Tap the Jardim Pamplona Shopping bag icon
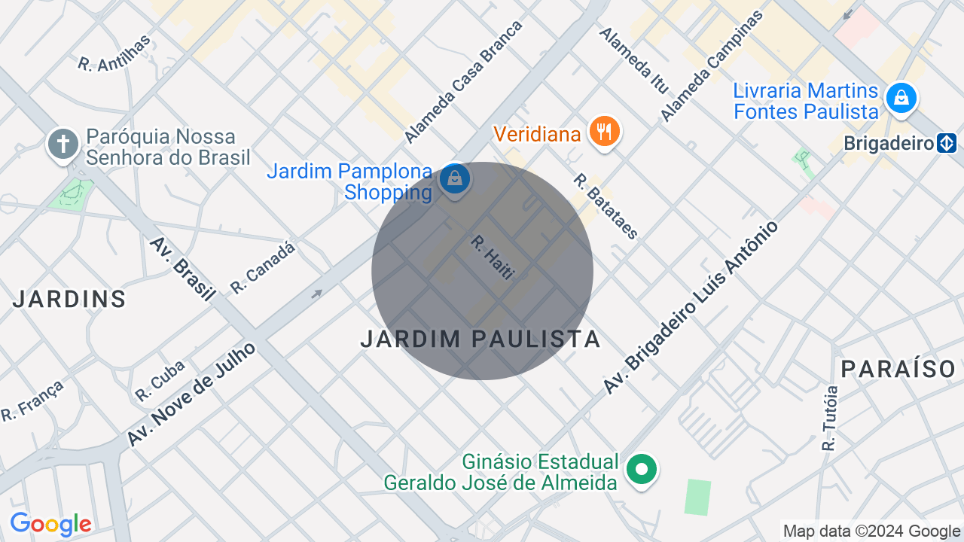455,179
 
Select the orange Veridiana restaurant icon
604,132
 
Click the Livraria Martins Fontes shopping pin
901,98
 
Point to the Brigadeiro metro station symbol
947,143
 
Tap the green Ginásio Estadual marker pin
641,470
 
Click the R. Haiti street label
493,257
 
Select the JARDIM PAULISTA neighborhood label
480,340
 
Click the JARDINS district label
69,300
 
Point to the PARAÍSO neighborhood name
898,369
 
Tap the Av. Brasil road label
182,269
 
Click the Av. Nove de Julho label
191,394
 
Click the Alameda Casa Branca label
463,82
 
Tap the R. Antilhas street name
114,53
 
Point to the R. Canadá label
263,268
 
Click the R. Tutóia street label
830,419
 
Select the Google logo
50,524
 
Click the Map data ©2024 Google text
871,531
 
